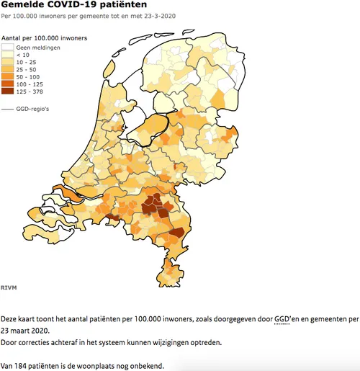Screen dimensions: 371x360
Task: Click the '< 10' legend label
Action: coord(24,55)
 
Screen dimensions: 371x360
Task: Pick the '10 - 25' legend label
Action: coord(27,62)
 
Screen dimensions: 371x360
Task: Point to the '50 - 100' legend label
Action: coord(29,76)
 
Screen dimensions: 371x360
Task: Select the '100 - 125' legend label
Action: coord(30,84)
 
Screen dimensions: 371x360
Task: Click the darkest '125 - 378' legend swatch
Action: coord(8,91)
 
